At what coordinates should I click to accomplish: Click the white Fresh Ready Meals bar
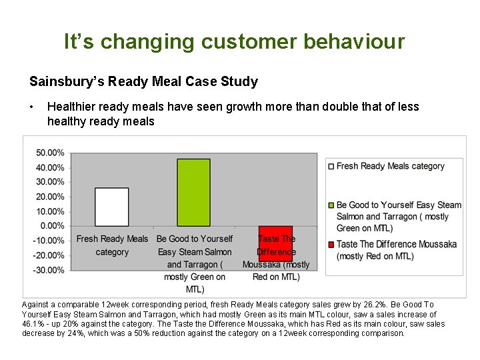coord(112,207)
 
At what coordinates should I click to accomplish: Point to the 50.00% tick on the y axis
coord(50,153)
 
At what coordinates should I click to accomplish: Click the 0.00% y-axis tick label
coord(52,226)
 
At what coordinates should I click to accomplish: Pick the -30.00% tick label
coord(50,270)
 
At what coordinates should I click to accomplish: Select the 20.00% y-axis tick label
coord(50,197)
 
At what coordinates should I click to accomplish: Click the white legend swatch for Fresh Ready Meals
coord(331,167)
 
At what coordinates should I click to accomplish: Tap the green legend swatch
coord(331,205)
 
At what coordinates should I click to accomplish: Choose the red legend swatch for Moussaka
coord(331,245)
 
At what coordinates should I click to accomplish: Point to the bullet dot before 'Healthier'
coord(32,107)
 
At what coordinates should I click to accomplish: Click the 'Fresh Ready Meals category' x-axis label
coord(112,245)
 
